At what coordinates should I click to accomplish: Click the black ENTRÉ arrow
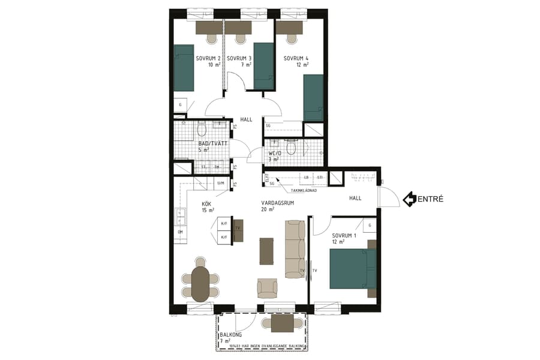[410, 199]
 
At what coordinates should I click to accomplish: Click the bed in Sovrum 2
[184, 67]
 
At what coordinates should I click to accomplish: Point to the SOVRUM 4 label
[296, 58]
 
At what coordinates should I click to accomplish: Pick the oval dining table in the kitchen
[200, 283]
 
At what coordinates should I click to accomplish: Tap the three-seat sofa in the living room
[295, 248]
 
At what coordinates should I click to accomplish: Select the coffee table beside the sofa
[266, 251]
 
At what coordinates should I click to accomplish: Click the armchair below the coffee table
[267, 287]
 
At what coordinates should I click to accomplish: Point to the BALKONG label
[231, 334]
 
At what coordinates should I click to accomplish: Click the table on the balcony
[282, 323]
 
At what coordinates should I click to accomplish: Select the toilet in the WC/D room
[292, 148]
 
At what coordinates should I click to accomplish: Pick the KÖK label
[206, 203]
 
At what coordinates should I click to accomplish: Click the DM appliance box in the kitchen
[179, 232]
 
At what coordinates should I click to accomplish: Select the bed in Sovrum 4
[314, 98]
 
